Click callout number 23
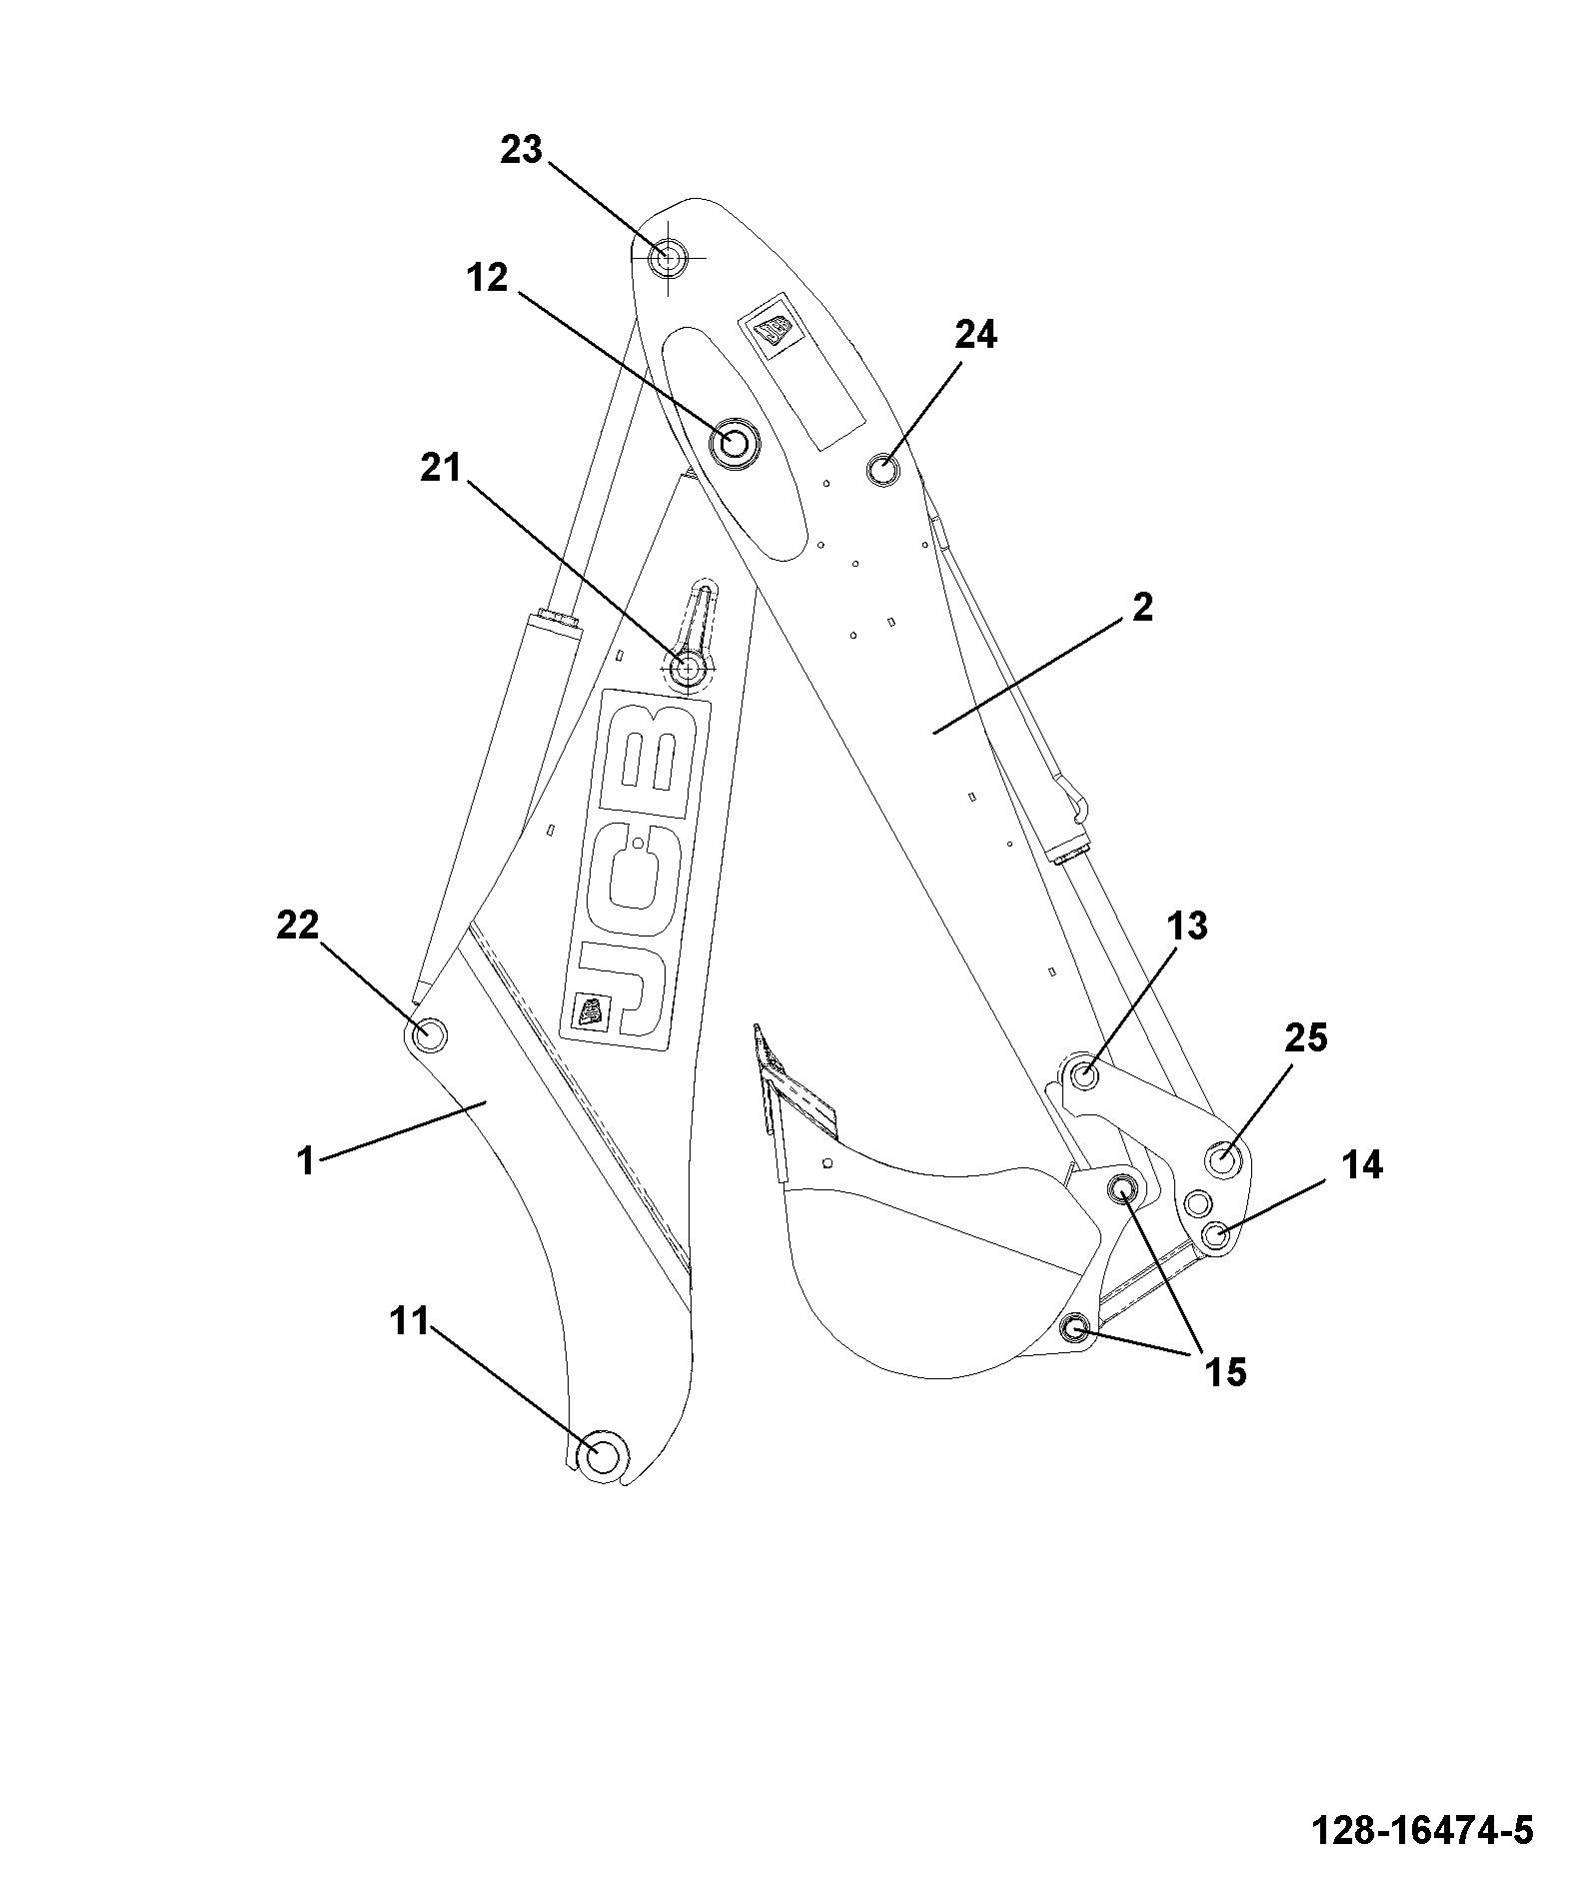(521, 151)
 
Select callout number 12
(487, 279)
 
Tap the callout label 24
(975, 335)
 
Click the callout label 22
(298, 925)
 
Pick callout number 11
(409, 1321)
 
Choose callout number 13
(1187, 927)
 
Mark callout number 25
(1305, 1038)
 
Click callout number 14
(1361, 1164)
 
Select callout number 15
(1225, 1372)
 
